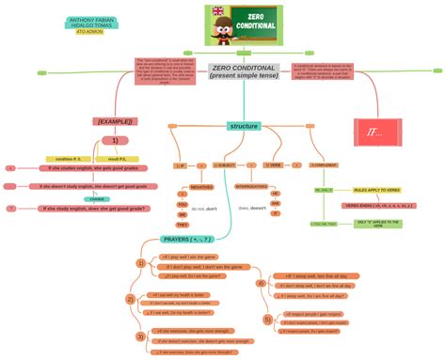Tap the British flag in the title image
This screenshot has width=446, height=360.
219,11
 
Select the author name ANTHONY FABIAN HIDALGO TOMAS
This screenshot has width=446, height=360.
90,22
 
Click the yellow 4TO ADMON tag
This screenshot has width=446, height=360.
89,32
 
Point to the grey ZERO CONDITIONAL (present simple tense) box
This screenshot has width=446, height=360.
244,71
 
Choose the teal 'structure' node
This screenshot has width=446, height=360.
244,126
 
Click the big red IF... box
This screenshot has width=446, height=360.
374,133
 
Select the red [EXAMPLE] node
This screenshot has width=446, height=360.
115,121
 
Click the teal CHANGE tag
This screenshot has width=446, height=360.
97,199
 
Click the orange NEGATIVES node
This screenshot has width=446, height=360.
201,187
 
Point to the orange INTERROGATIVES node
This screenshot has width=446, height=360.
250,187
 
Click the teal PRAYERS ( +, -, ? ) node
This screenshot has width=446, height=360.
186,240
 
